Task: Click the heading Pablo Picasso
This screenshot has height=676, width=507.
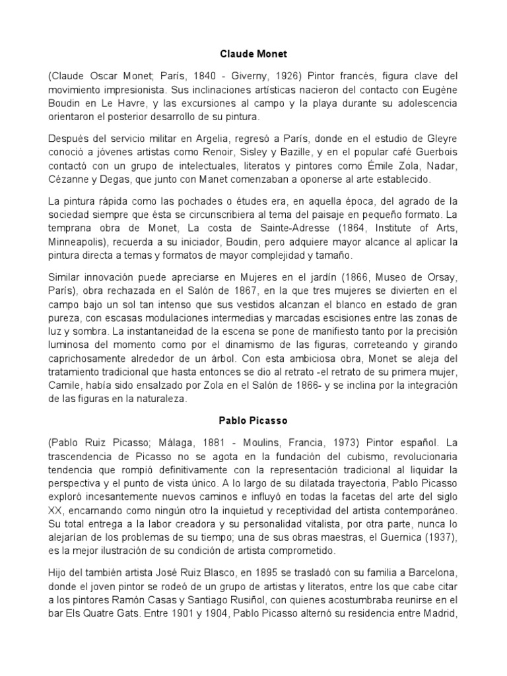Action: pyautogui.click(x=253, y=420)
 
